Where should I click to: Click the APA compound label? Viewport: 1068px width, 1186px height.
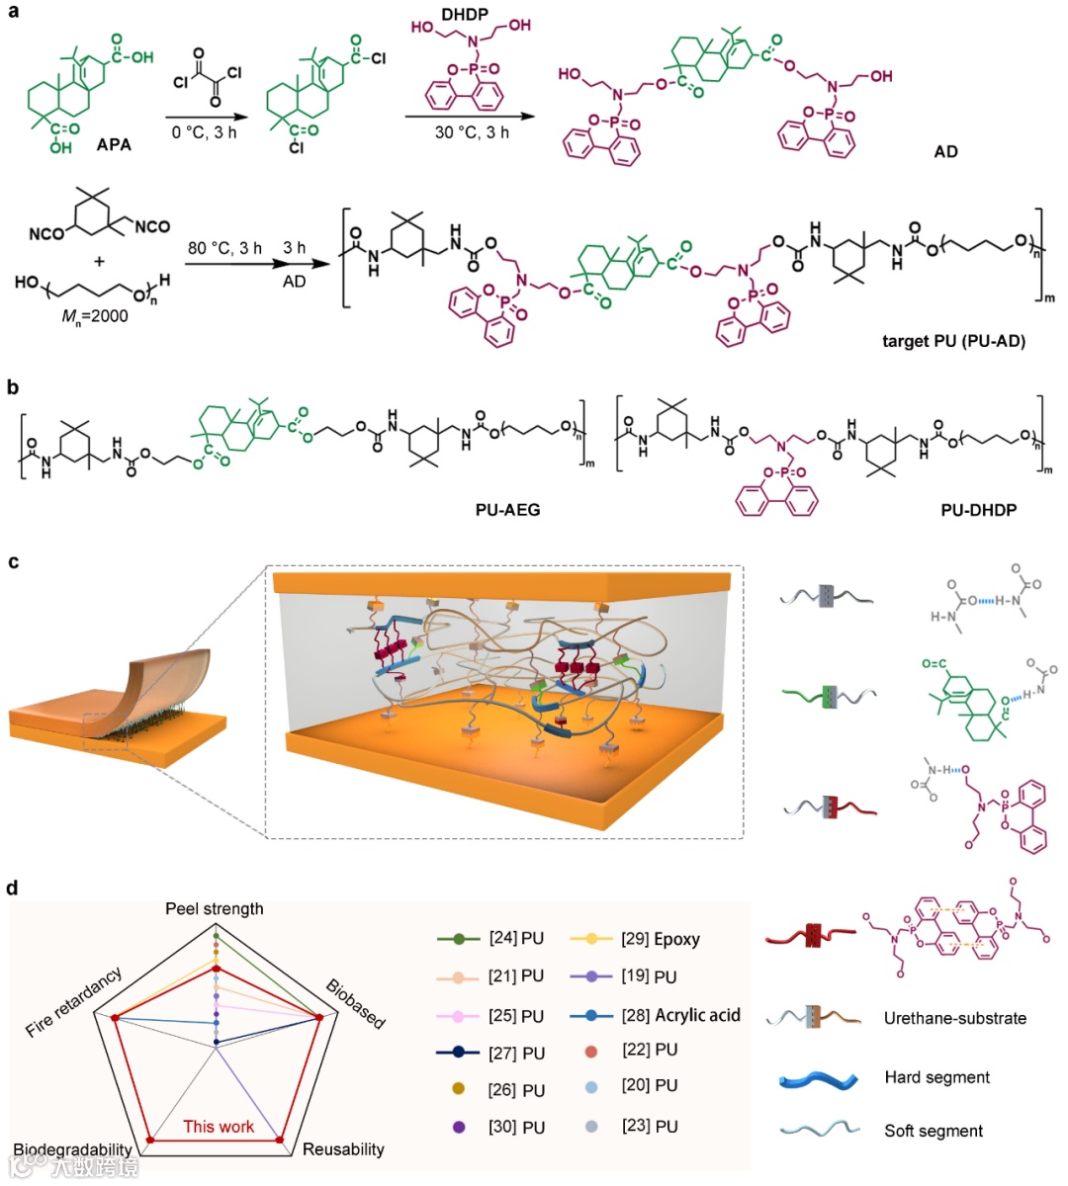click(114, 145)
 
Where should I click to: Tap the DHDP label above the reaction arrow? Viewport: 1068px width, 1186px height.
click(465, 15)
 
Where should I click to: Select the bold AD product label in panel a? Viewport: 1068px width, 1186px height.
click(945, 152)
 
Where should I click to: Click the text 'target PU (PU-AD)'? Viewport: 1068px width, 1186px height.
click(953, 342)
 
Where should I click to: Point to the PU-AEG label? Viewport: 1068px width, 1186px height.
click(508, 511)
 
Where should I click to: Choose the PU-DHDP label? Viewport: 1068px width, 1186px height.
click(978, 511)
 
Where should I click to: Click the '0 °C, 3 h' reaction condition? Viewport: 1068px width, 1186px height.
click(205, 132)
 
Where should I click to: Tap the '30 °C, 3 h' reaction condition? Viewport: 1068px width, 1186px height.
click(472, 132)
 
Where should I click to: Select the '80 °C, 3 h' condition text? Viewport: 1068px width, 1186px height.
click(224, 248)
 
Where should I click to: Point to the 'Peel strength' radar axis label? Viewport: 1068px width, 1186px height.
click(215, 908)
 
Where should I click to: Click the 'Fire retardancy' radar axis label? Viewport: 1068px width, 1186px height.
click(74, 1001)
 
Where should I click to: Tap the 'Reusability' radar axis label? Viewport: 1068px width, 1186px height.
click(343, 1149)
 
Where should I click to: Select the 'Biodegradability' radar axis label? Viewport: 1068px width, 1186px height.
click(72, 1150)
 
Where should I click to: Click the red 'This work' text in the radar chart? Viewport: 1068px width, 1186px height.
click(219, 1127)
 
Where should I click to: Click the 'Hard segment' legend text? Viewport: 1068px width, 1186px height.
click(936, 1077)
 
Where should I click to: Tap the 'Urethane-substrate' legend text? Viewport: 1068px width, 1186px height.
click(954, 1018)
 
